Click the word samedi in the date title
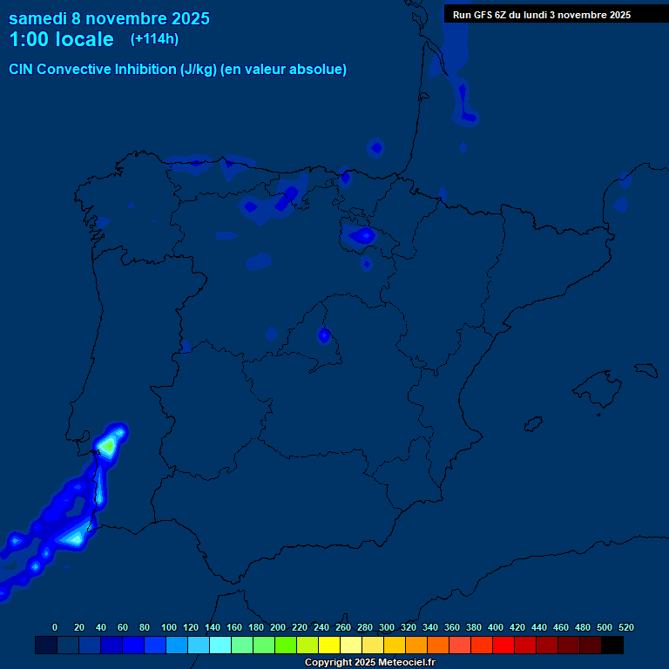pyautogui.click(x=37, y=18)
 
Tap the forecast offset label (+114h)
pyautogui.click(x=154, y=38)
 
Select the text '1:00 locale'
pyautogui.click(x=61, y=39)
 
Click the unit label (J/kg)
pyautogui.click(x=199, y=70)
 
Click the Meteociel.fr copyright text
pyautogui.click(x=369, y=663)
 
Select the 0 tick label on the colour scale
pyautogui.click(x=55, y=627)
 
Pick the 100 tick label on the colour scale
pyautogui.click(x=169, y=627)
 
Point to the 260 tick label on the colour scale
pyautogui.click(x=343, y=627)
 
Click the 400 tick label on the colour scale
pyautogui.click(x=496, y=627)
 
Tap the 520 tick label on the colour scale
pyautogui.click(x=625, y=627)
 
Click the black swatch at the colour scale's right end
pyautogui.click(x=612, y=645)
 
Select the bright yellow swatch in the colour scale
pyautogui.click(x=329, y=645)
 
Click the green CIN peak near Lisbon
pyautogui.click(x=106, y=445)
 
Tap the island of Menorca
pyautogui.click(x=645, y=368)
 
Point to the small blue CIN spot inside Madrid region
pyautogui.click(x=324, y=334)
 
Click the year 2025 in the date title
pyautogui.click(x=189, y=18)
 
